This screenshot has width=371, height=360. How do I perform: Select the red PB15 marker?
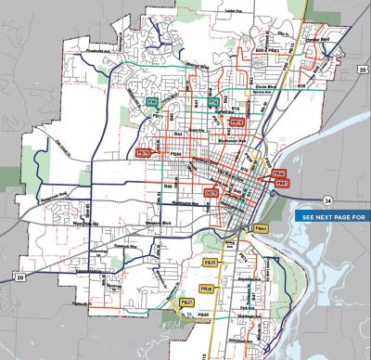[237, 122]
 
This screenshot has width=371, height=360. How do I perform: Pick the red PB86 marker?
[279, 174]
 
